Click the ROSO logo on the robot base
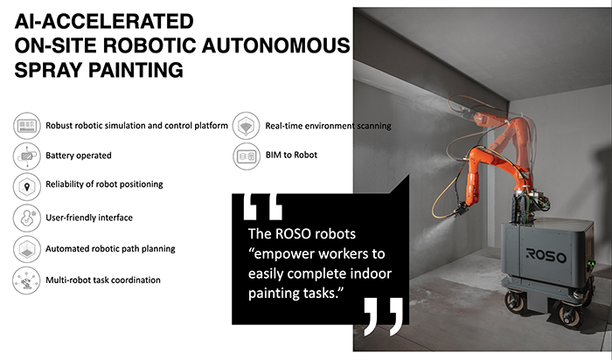point(546,255)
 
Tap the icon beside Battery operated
point(26,156)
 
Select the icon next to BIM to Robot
point(247,156)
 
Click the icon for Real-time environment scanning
point(246,126)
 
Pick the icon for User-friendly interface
point(26,218)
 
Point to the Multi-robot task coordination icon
point(26,280)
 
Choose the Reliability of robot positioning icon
point(26,187)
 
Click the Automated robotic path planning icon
point(26,249)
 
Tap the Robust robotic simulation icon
point(26,126)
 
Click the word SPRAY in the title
point(47,70)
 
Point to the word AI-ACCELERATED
point(104,21)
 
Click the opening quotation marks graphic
point(262,207)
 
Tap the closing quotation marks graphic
point(383,316)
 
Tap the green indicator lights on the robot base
point(593,265)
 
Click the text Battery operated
point(79,156)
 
